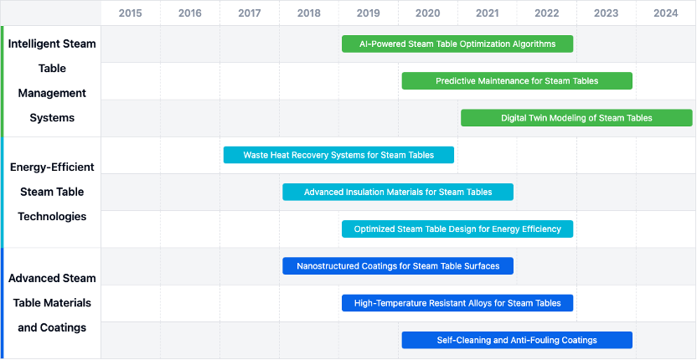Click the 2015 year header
pyautogui.click(x=130, y=13)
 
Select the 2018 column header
pyautogui.click(x=309, y=13)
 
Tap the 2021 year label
pyautogui.click(x=488, y=13)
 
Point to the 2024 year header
pyautogui.click(x=666, y=13)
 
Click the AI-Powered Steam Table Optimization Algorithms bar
pyautogui.click(x=457, y=44)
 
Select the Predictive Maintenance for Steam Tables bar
pyautogui.click(x=517, y=81)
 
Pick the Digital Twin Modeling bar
pyautogui.click(x=576, y=118)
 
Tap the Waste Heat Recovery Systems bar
pyautogui.click(x=338, y=155)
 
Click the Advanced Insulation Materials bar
pyautogui.click(x=398, y=192)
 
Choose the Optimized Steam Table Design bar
pyautogui.click(x=457, y=229)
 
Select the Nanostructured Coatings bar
pyautogui.click(x=398, y=265)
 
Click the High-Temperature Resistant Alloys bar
pyautogui.click(x=457, y=303)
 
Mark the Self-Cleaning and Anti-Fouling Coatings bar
pyautogui.click(x=517, y=340)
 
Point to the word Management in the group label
pyautogui.click(x=52, y=93)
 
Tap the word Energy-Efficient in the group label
pyautogui.click(x=52, y=167)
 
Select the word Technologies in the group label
pyautogui.click(x=52, y=217)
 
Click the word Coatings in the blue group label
pyautogui.click(x=62, y=327)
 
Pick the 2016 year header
pyautogui.click(x=190, y=13)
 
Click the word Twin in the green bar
pyautogui.click(x=549, y=118)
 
